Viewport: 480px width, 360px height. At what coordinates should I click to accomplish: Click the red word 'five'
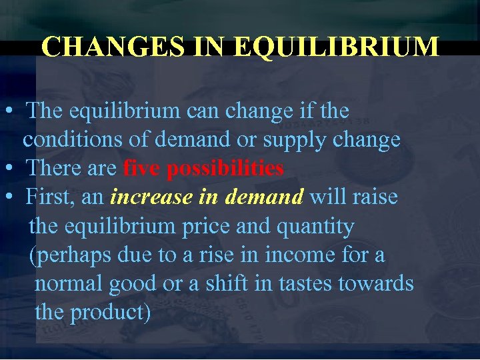pyautogui.click(x=142, y=169)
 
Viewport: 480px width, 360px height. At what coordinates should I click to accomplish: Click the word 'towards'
pyautogui.click(x=376, y=284)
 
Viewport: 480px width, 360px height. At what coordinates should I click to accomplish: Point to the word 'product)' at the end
pyautogui.click(x=111, y=313)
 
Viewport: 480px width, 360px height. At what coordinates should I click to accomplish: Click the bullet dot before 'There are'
pyautogui.click(x=10, y=169)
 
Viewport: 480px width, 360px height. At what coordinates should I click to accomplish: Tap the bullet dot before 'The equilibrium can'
pyautogui.click(x=10, y=111)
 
